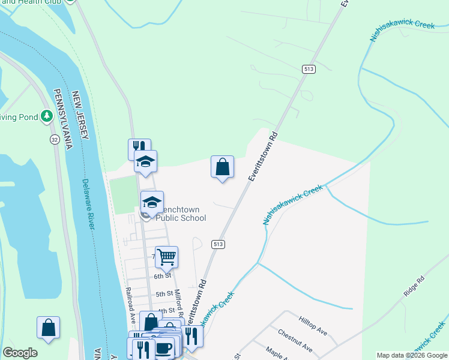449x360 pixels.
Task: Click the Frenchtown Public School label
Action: [x=181, y=214]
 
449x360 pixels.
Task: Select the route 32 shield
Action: [x=55, y=139]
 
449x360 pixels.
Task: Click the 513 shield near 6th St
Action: [x=218, y=244]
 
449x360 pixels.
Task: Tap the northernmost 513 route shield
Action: [x=309, y=70]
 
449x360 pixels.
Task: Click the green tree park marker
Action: [x=47, y=116]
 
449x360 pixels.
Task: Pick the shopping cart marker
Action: [x=167, y=257]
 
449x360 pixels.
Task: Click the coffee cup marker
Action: [x=164, y=347]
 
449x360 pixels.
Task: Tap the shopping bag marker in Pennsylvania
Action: [x=48, y=328]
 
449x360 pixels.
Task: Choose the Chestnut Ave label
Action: [x=295, y=340]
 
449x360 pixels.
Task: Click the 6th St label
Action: [x=163, y=276]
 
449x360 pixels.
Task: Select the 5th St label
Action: [x=164, y=295]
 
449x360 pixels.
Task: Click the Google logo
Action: [x=20, y=353]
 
